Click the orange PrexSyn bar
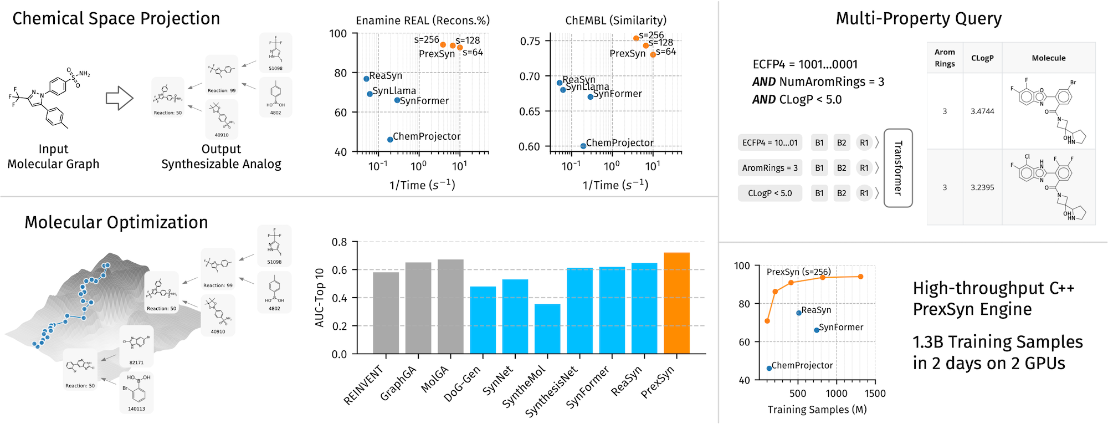676,303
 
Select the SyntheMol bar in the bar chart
547,329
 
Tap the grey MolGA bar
450,307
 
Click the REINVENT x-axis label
363,385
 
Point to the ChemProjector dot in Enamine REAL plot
390,140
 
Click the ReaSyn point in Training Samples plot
799,313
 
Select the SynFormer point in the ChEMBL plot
591,97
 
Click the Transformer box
898,168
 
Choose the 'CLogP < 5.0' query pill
770,193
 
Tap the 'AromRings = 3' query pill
770,168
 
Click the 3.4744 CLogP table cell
982,111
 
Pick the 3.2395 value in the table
982,188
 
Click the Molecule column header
1048,58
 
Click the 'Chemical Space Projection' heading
116,19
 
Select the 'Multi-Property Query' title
919,19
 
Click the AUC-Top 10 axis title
320,298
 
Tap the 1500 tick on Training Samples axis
875,394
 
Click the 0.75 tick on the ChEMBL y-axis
530,42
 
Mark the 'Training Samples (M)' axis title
817,410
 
